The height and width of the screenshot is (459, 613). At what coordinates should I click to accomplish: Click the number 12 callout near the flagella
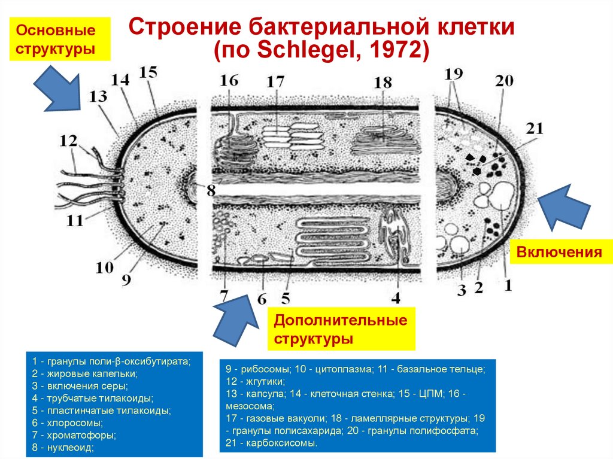click(69, 142)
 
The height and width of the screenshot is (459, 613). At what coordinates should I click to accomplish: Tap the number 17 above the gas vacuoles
click(275, 81)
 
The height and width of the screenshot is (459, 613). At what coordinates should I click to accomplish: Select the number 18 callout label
click(383, 83)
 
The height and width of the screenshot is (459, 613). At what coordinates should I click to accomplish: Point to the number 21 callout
click(535, 128)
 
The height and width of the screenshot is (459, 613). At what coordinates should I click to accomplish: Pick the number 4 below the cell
click(396, 297)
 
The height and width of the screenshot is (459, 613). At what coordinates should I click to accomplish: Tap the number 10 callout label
click(104, 267)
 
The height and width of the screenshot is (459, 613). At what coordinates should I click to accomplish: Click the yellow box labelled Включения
click(560, 252)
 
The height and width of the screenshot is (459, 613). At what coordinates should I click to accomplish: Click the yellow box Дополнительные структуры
click(341, 329)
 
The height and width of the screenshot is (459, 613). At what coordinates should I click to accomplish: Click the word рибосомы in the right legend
click(258, 369)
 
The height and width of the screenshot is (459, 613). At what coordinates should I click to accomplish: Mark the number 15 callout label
click(148, 73)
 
